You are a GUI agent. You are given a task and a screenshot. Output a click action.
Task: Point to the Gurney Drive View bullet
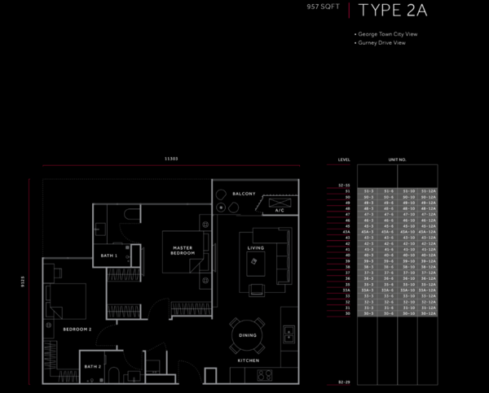pyautogui.click(x=381, y=42)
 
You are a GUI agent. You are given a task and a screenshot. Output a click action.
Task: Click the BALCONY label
pyautogui.click(x=244, y=194)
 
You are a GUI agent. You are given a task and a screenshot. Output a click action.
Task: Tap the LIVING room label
pyautogui.click(x=256, y=247)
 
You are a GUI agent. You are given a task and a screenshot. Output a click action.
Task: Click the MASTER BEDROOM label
pyautogui.click(x=182, y=250)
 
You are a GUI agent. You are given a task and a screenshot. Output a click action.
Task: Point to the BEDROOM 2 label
pyautogui.click(x=77, y=329)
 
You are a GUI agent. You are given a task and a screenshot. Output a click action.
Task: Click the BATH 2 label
pyautogui.click(x=92, y=367)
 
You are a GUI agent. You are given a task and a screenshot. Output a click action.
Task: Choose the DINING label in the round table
pyautogui.click(x=248, y=334)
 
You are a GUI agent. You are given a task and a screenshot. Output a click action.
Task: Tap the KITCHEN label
pyautogui.click(x=249, y=360)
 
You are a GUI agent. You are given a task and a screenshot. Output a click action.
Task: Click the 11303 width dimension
pyautogui.click(x=172, y=159)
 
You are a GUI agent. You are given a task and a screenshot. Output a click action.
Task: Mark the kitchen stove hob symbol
pyautogui.click(x=264, y=375)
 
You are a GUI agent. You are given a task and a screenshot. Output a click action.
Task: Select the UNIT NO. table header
pyautogui.click(x=397, y=159)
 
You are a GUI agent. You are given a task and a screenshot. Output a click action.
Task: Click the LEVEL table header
pyautogui.click(x=345, y=159)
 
